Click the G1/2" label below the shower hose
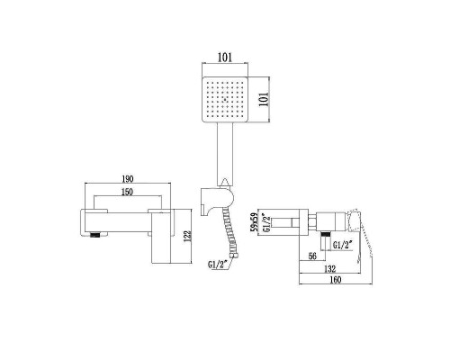(x=217, y=264)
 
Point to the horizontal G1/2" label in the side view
(x=343, y=244)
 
